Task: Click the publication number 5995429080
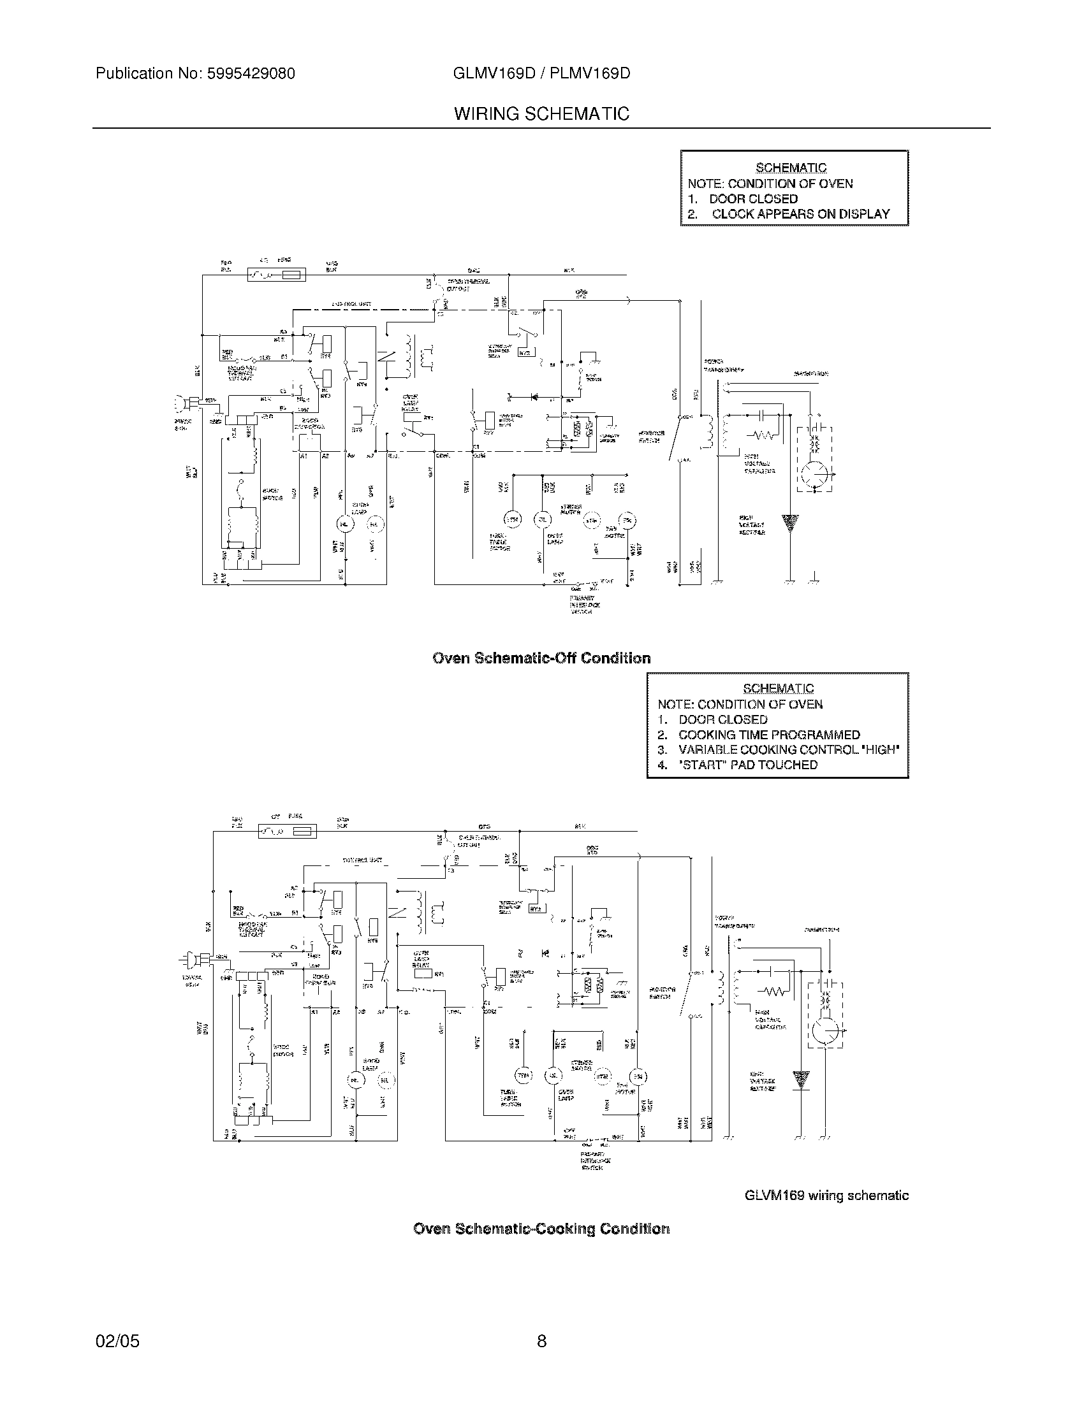click(251, 74)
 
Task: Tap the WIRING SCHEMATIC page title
click(541, 114)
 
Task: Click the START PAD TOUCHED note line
click(747, 765)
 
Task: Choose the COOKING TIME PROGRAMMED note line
click(769, 735)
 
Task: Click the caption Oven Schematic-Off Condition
click(541, 658)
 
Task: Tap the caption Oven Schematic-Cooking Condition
click(541, 1229)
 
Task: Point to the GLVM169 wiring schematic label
click(826, 1196)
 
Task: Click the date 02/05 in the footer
click(117, 1341)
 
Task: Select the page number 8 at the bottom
click(541, 1341)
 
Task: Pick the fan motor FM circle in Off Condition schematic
click(626, 519)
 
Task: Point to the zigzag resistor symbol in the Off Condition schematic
click(764, 437)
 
